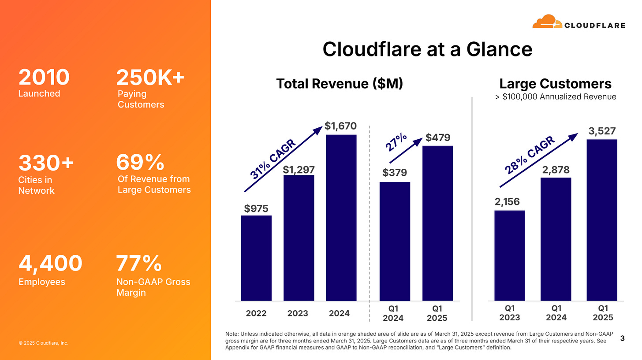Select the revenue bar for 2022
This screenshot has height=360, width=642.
tap(256, 258)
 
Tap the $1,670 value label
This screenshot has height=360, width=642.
tap(341, 126)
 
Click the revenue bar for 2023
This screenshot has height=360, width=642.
tap(299, 238)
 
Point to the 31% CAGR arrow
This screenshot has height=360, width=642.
tap(282, 160)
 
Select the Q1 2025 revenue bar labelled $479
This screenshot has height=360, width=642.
tap(438, 223)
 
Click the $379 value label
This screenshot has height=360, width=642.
tap(395, 172)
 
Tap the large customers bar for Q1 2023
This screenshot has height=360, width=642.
tap(510, 256)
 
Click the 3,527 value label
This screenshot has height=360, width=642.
tap(602, 131)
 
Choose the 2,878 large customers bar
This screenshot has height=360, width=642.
tap(556, 239)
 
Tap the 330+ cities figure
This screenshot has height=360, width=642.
tap(46, 163)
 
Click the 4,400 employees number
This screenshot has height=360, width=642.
tap(50, 264)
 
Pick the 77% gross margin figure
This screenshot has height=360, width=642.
tap(138, 264)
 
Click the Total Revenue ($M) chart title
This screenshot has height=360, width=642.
tap(340, 84)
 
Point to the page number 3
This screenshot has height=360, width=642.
tap(622, 338)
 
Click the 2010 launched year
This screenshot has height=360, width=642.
tap(44, 78)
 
